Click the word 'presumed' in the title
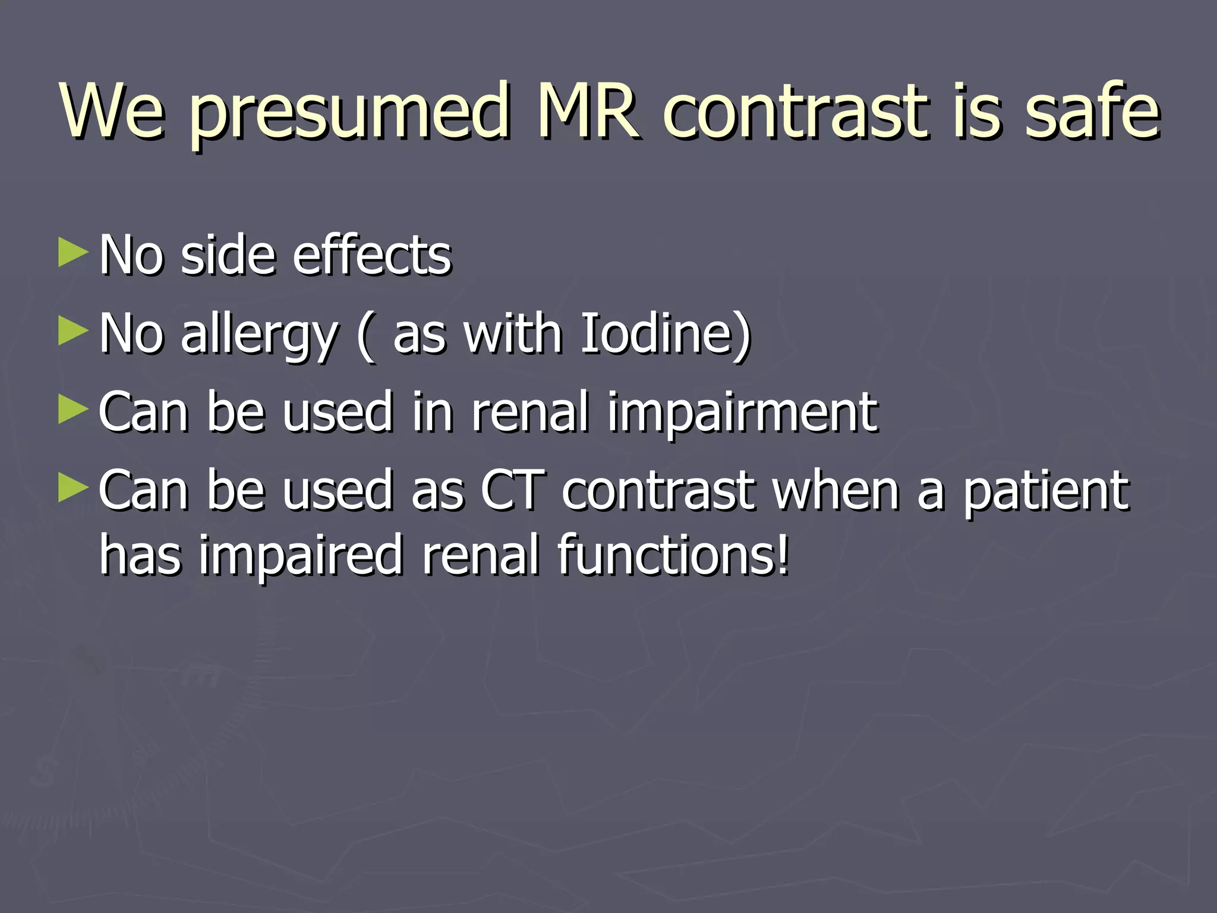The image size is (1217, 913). [x=349, y=113]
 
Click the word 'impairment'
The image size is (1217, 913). [x=742, y=413]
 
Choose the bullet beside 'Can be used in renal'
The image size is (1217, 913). [x=73, y=410]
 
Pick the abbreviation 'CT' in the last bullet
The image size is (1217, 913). [x=513, y=490]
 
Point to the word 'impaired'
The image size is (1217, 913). [x=301, y=556]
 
